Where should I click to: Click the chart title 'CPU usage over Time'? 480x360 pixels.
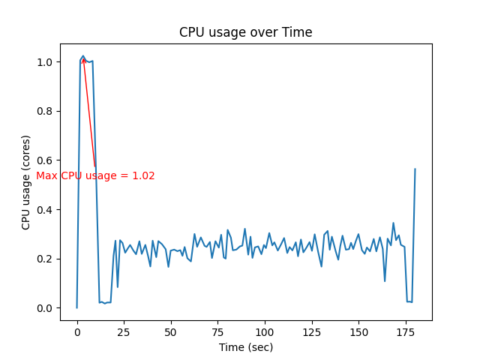click(245, 32)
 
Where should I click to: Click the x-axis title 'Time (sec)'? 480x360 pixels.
click(245, 347)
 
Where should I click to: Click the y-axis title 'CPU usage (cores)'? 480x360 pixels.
click(26, 182)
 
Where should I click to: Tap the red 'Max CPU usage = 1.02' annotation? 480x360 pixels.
click(96, 176)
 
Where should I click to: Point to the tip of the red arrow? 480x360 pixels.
click(82, 58)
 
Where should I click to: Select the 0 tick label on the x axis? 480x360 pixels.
click(76, 331)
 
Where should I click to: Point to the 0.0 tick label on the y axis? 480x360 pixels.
click(46, 308)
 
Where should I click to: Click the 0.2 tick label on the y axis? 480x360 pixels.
click(46, 259)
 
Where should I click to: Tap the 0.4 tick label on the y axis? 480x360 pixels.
click(46, 209)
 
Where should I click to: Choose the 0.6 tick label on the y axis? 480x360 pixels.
click(46, 160)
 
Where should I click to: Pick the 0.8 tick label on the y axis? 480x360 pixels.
click(46, 111)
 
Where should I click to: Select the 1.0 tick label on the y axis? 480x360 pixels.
click(46, 62)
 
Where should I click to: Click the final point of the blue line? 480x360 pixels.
click(415, 169)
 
